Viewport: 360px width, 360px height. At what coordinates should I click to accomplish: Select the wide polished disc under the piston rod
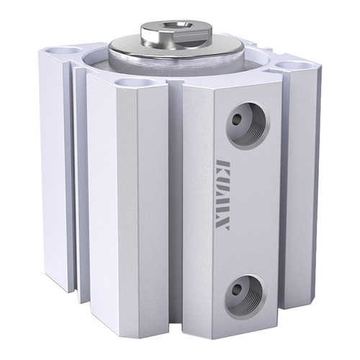[176, 50]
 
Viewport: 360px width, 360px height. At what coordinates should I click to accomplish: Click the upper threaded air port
[248, 125]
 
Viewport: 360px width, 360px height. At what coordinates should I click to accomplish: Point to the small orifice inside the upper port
[238, 118]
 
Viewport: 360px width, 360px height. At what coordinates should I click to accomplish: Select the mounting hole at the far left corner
[63, 50]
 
